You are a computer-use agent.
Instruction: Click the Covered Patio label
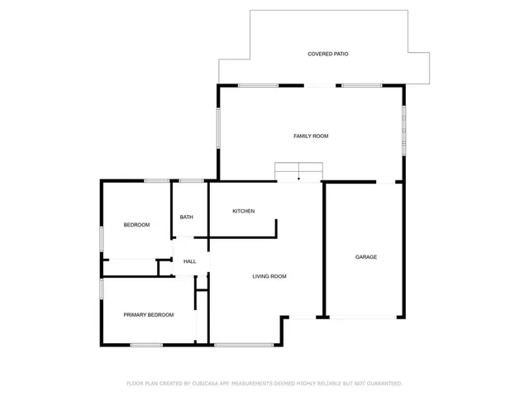[x=328, y=54]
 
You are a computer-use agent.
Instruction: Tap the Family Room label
[x=311, y=136]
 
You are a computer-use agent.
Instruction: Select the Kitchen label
[x=243, y=211]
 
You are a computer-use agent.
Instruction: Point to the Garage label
[x=366, y=257]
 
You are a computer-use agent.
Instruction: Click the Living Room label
[x=269, y=276]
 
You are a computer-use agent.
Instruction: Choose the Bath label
[x=187, y=218]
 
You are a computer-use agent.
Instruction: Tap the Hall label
[x=190, y=261]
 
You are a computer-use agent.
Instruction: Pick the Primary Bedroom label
[x=149, y=314]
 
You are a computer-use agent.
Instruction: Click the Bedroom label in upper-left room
[x=136, y=225]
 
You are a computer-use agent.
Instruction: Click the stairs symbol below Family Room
[x=298, y=171]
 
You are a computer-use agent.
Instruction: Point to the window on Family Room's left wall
[x=219, y=129]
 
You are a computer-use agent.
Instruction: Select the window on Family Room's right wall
[x=403, y=129]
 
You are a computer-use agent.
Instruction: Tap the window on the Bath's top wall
[x=191, y=180]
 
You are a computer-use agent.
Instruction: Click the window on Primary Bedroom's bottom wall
[x=146, y=344]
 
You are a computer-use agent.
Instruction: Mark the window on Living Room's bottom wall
[x=243, y=344]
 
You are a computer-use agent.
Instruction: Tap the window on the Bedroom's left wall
[x=102, y=238]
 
